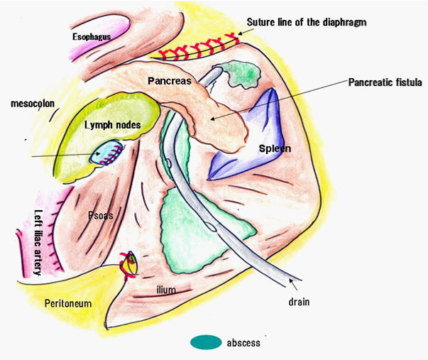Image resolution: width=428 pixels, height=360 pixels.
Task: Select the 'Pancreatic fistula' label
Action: tap(385, 82)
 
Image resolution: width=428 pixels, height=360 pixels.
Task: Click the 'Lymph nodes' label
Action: tap(112, 125)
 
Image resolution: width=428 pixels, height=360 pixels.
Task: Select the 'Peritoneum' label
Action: tap(68, 303)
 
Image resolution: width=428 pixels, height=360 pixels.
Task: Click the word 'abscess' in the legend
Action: tap(243, 343)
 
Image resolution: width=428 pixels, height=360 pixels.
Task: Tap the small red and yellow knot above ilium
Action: tap(129, 263)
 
